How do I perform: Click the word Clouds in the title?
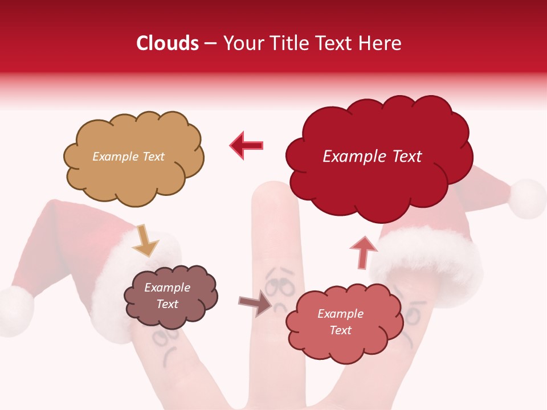click(168, 43)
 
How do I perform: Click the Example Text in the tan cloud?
click(128, 157)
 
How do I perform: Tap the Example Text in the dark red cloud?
click(372, 157)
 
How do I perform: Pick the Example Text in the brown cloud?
click(167, 296)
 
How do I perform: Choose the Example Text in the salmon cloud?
click(340, 322)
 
